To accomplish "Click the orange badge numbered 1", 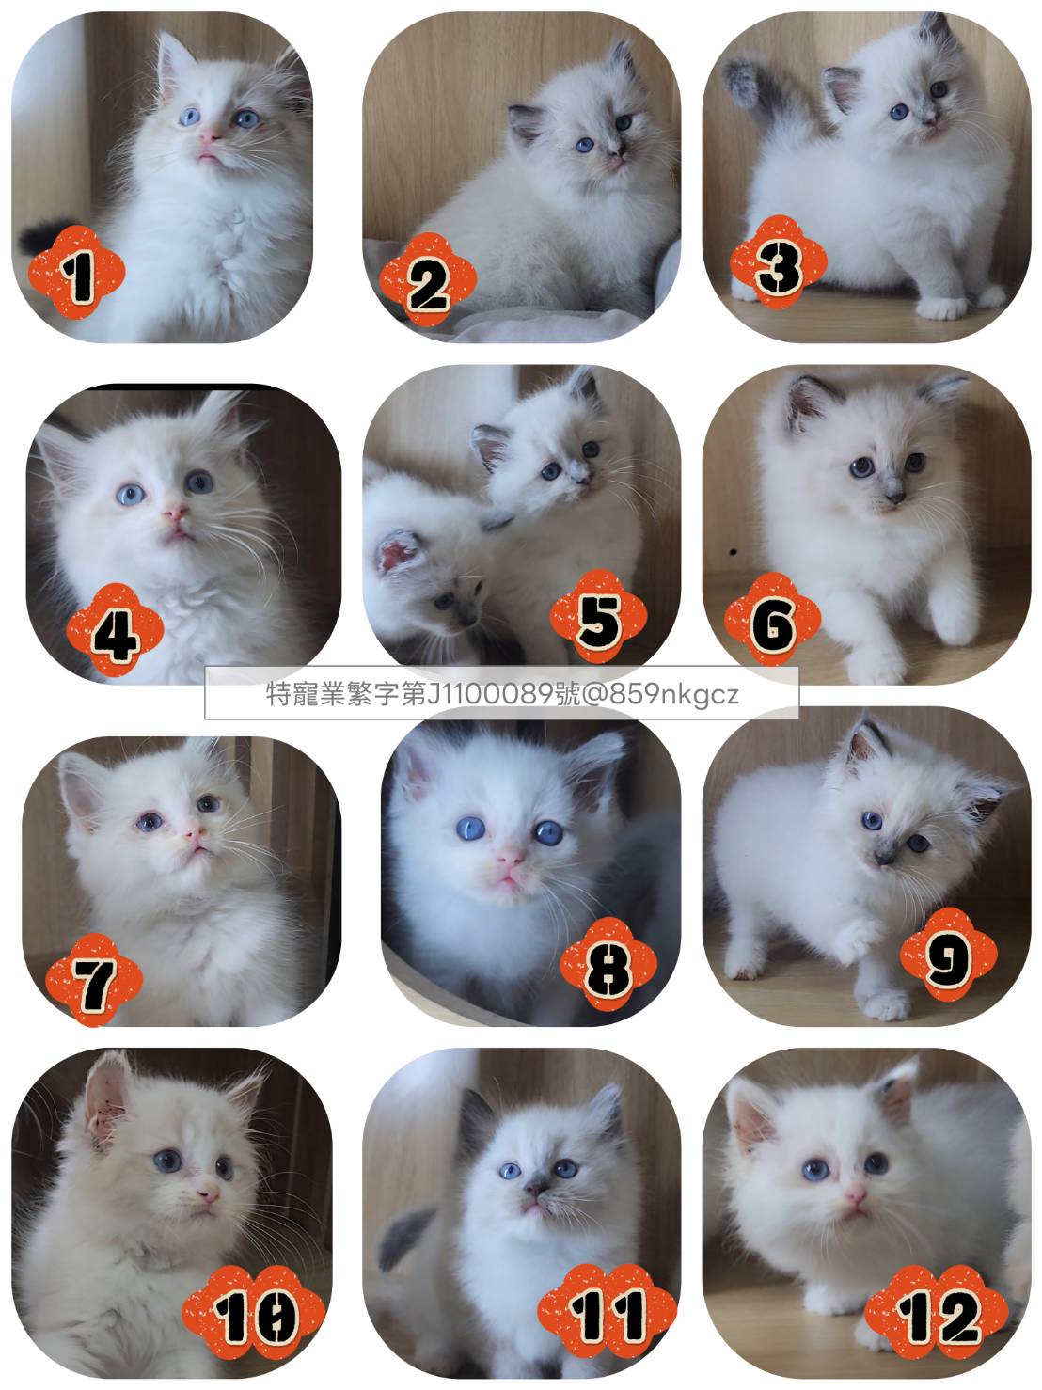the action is tap(76, 273).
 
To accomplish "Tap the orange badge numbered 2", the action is tap(428, 280).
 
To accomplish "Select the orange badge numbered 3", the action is tap(779, 262).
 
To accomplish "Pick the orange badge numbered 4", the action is tap(116, 630).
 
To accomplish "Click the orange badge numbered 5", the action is tap(598, 616).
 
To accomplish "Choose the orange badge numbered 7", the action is tap(94, 980).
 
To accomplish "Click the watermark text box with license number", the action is tap(501, 693).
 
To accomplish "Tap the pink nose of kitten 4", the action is tap(175, 511).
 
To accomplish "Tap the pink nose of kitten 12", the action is tap(855, 1196).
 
